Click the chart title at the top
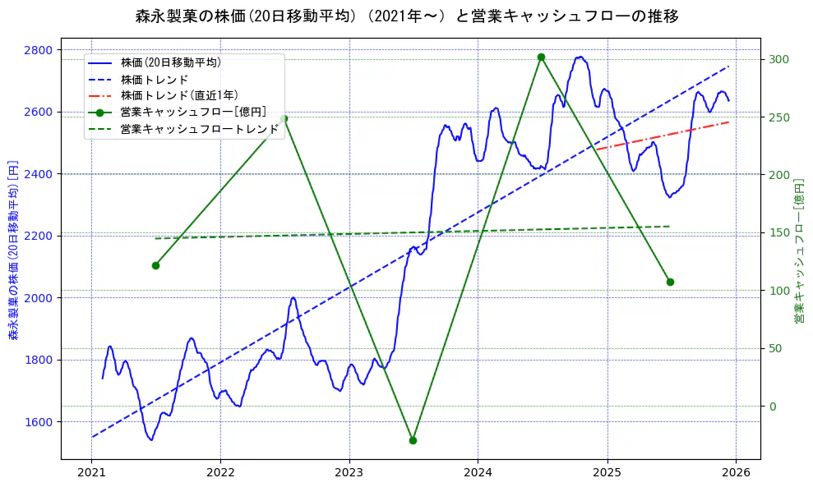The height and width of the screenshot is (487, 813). coord(406,16)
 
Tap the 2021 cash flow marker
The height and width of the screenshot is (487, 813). coord(155,265)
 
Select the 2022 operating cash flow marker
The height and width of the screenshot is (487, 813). coord(284,118)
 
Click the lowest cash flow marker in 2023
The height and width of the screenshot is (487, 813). coord(413,440)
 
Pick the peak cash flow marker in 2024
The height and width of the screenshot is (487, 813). coord(541,57)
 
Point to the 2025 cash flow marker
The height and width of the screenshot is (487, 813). coord(670,282)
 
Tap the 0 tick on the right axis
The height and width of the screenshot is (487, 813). coord(773,407)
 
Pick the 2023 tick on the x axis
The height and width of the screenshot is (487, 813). coord(349,474)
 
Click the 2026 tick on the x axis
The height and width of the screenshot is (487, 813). coord(736,474)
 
